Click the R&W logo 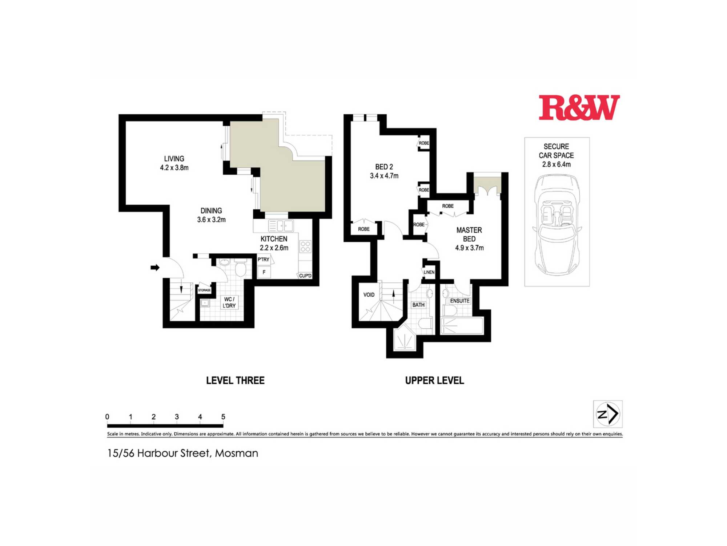579,107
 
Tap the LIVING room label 174,159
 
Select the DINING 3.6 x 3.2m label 211,215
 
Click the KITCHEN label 274,239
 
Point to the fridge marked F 264,272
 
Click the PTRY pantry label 264,260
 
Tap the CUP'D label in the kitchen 305,276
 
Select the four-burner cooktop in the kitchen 305,246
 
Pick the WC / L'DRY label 229,302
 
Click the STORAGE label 204,290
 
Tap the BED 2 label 384,167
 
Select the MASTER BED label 469,234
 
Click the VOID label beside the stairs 369,295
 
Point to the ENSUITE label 460,301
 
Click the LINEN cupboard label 429,272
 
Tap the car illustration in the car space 557,225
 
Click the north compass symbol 608,414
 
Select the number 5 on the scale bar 223,417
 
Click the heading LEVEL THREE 235,380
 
